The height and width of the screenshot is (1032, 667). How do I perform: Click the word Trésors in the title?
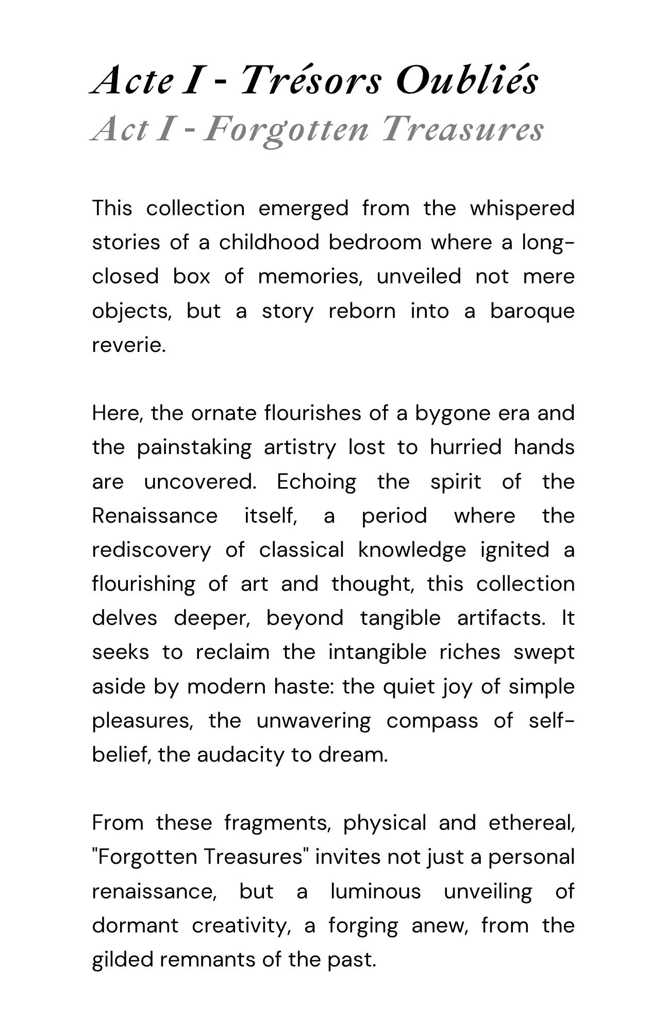(x=310, y=82)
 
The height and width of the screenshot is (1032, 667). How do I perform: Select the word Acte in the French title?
(x=131, y=82)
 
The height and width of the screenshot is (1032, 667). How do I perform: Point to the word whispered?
(x=522, y=208)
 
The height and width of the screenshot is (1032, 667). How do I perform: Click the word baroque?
(x=532, y=311)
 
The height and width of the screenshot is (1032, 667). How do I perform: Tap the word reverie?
(x=129, y=345)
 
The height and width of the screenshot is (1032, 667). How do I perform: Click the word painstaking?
(x=194, y=447)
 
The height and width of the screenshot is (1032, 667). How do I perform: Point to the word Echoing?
(x=316, y=482)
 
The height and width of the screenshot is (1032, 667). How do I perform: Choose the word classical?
(x=301, y=550)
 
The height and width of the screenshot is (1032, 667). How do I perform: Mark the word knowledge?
(x=412, y=550)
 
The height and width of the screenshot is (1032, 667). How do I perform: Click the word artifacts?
(x=501, y=618)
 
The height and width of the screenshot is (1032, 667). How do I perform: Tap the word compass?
(x=432, y=721)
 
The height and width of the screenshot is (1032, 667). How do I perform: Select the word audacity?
(x=242, y=755)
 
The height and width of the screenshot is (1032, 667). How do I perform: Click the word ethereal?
(x=531, y=823)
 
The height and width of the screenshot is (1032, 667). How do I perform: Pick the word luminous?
(x=375, y=891)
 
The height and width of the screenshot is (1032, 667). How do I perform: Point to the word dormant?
(x=135, y=925)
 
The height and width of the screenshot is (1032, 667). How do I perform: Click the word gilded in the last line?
(x=123, y=960)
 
